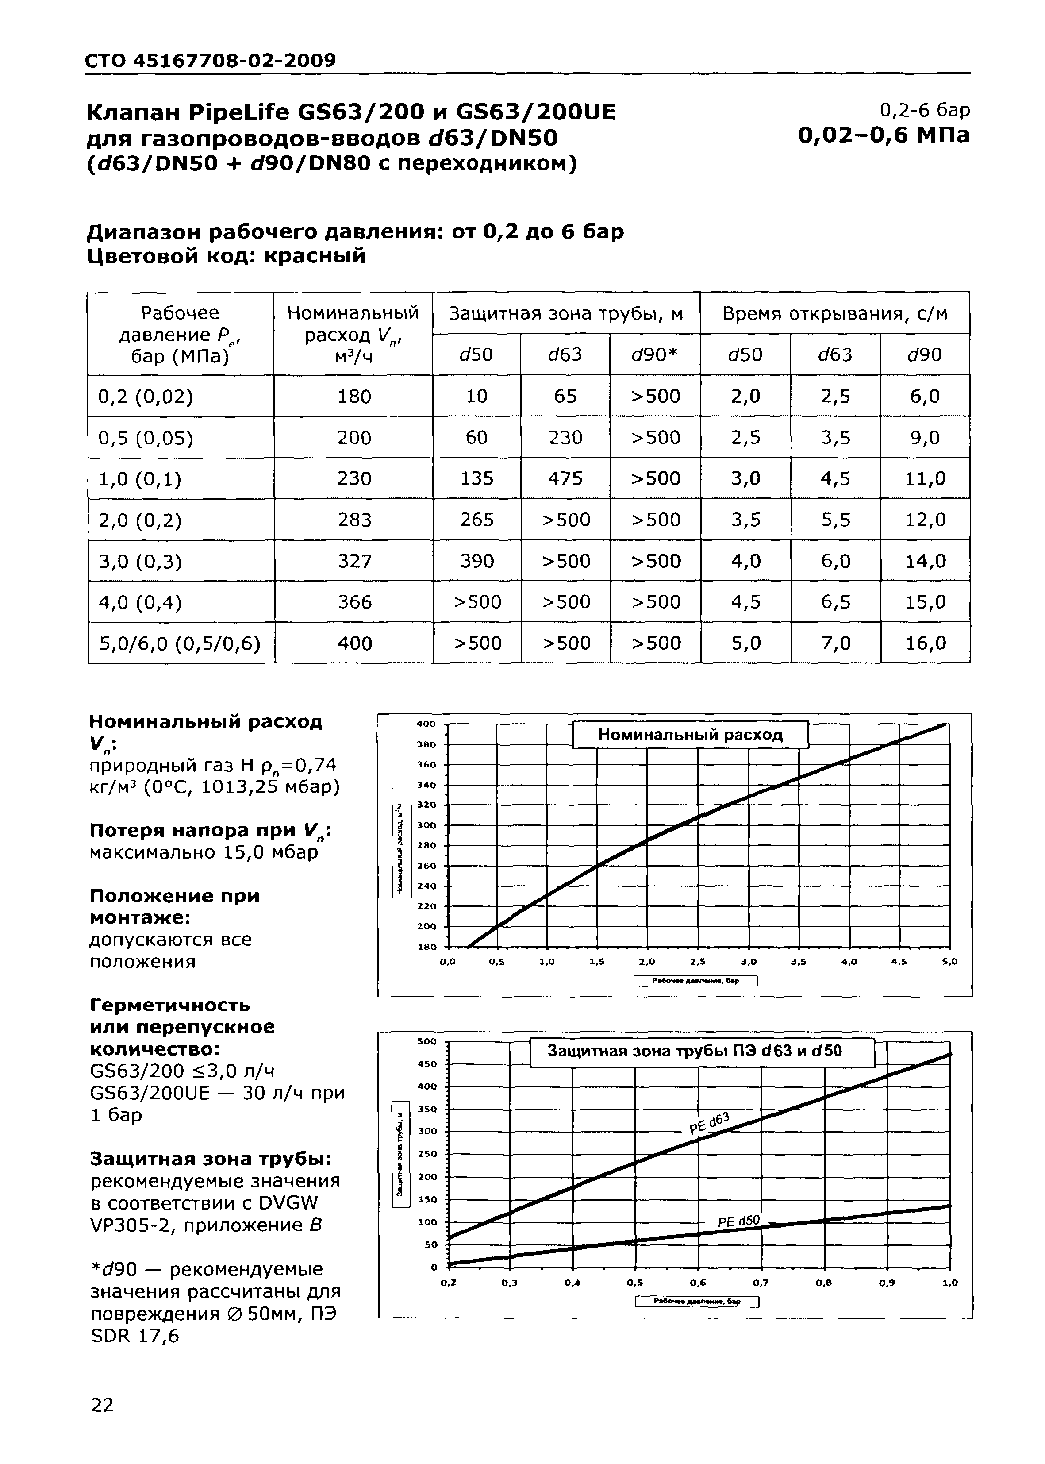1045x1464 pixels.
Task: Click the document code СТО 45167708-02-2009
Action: point(211,61)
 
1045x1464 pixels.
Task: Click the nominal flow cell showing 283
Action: point(354,519)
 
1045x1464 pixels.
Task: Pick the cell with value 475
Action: point(565,478)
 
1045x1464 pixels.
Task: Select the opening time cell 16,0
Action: point(925,643)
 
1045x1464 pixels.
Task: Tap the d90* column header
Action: point(655,354)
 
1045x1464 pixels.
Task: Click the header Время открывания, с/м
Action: point(834,313)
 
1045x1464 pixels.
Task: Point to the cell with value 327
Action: point(354,560)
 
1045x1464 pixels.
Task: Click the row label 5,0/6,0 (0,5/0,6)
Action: point(180,643)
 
